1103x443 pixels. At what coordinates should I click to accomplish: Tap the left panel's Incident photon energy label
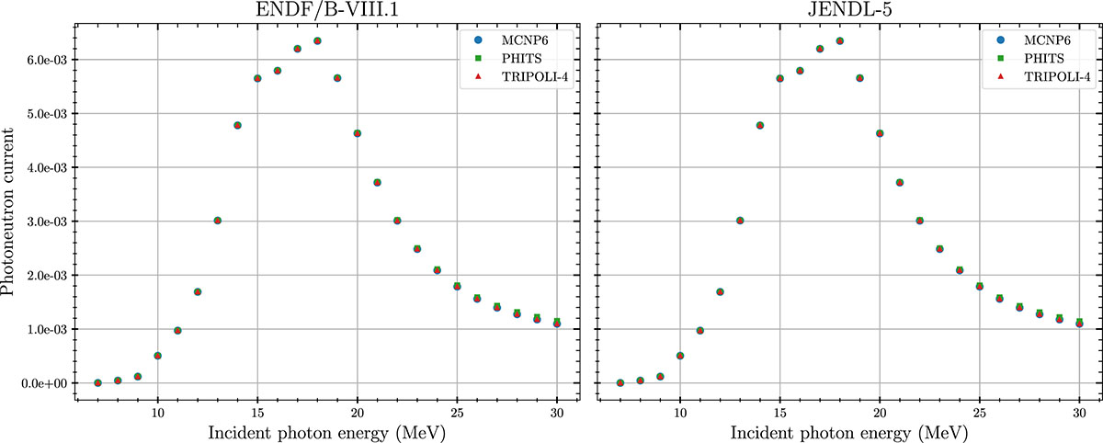[326, 431]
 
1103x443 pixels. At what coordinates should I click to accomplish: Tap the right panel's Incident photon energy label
[848, 431]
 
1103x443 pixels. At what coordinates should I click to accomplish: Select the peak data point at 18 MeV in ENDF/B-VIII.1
[317, 40]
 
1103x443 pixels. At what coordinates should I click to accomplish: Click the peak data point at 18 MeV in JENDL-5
[840, 40]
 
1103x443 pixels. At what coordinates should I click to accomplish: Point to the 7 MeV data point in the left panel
[97, 382]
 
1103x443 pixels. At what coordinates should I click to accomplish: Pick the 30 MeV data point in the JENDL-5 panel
[1079, 323]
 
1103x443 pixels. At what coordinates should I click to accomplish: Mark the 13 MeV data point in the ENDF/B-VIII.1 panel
[218, 221]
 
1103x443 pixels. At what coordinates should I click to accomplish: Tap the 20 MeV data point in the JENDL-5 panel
[880, 133]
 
